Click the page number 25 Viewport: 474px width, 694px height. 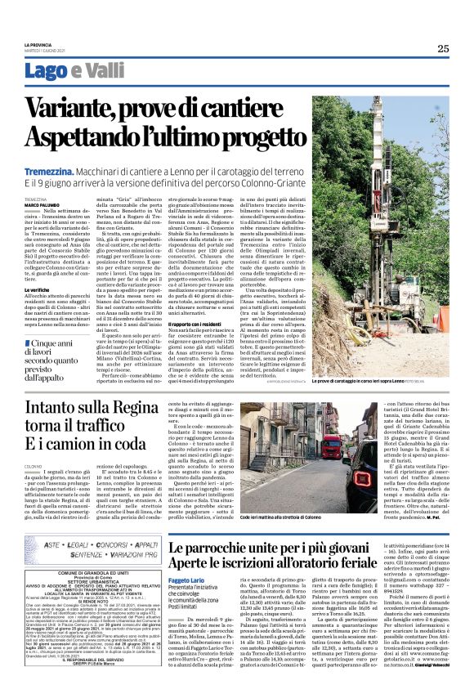442,48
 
